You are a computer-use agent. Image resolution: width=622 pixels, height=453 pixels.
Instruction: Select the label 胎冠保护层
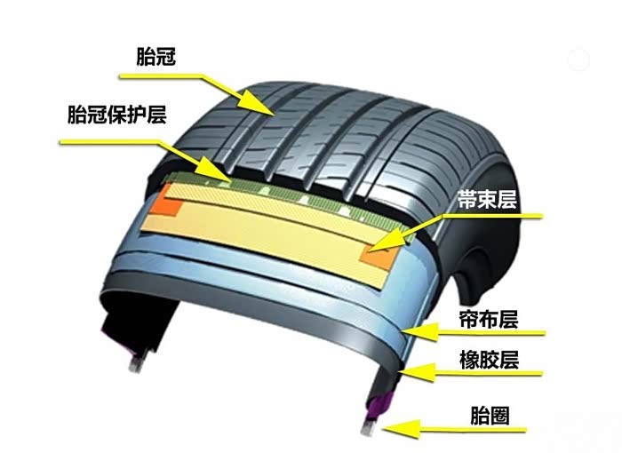click(116, 115)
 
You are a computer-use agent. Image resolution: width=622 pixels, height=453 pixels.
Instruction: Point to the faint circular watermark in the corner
click(578, 60)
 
